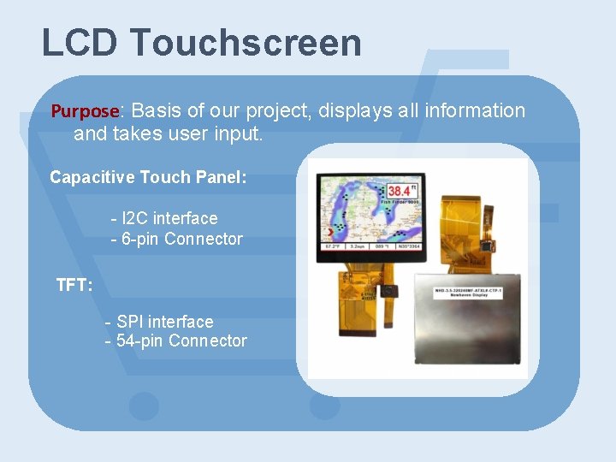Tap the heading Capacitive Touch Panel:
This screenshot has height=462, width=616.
tap(148, 178)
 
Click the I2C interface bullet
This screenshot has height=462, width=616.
tap(164, 218)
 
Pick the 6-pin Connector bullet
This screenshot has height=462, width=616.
tap(177, 239)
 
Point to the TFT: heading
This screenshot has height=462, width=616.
tap(74, 285)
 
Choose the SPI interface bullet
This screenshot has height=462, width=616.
tap(159, 322)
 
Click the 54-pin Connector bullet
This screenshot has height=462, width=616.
tap(175, 341)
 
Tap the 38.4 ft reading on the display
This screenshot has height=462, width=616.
tap(402, 189)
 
